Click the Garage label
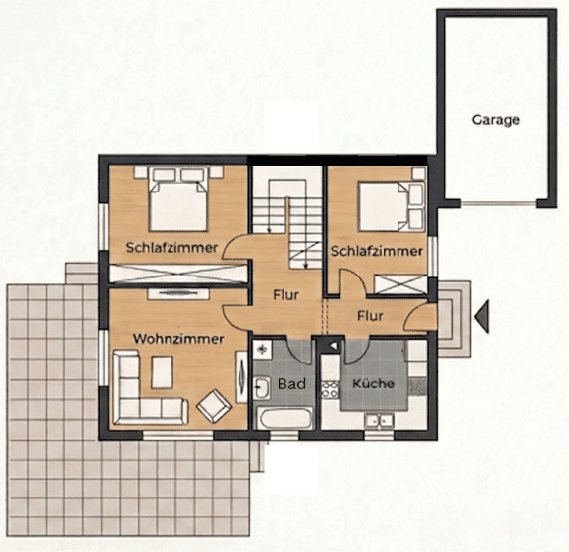tap(496, 120)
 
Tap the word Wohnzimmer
tap(178, 339)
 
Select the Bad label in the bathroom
tap(291, 384)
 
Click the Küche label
tap(373, 384)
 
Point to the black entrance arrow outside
tap(481, 316)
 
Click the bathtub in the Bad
tap(284, 418)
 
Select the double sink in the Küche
tap(380, 421)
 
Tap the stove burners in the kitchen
tap(330, 389)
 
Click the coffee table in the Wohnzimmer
tap(162, 373)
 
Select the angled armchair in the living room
tap(214, 406)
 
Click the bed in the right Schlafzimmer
tap(392, 207)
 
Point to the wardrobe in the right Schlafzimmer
tap(400, 284)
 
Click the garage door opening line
tap(499, 204)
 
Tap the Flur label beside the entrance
tap(370, 316)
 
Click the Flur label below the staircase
tap(285, 295)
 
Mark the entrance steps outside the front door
tap(454, 318)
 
